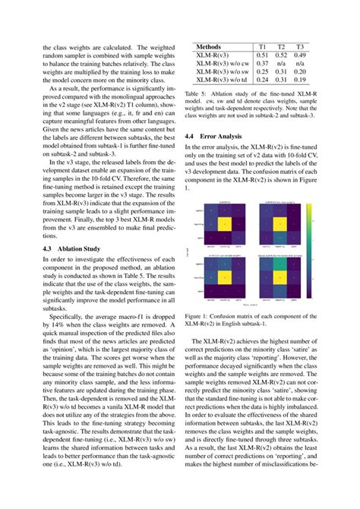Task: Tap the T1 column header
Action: click(x=261, y=47)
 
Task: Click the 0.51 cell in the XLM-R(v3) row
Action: click(x=262, y=55)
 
